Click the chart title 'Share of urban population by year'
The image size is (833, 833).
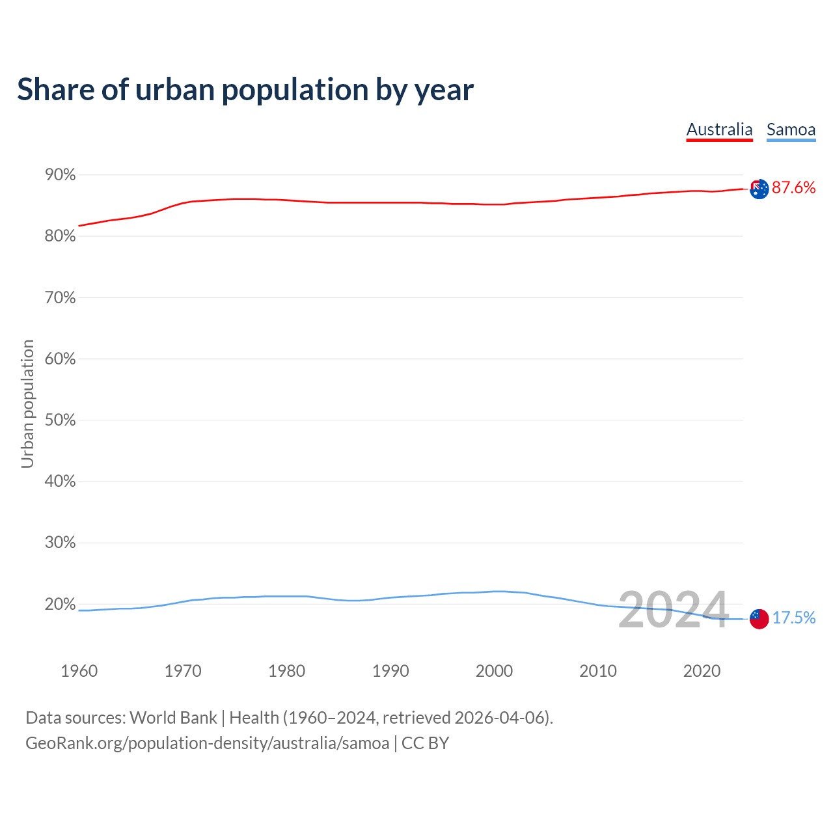point(245,90)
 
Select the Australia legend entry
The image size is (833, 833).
point(719,130)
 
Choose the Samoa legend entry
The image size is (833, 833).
point(791,130)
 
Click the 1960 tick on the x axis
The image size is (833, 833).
point(79,671)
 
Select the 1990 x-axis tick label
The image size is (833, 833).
point(390,671)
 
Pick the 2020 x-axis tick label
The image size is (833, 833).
point(702,671)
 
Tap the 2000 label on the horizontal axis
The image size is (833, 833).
point(494,671)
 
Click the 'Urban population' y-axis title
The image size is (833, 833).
point(27,403)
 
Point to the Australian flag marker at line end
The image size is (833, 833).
point(759,189)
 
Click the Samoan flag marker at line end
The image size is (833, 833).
point(759,618)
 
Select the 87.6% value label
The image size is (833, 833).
point(793,188)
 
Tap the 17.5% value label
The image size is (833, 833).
point(794,618)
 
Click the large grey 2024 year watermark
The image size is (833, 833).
point(673,610)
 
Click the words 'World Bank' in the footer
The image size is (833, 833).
point(173,718)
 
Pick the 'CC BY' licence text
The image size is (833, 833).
point(425,743)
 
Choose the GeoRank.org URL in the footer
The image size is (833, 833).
point(207,743)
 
